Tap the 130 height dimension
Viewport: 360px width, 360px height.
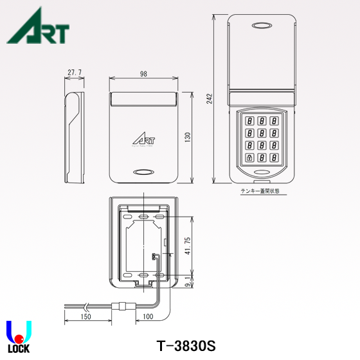[x=188, y=138]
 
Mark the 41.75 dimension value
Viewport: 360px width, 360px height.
[x=187, y=246]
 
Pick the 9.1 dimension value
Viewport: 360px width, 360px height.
[x=187, y=282]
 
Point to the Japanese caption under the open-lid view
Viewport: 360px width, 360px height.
[x=262, y=191]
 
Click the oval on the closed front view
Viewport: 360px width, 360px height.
[x=143, y=172]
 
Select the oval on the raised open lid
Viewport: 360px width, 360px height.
[x=262, y=26]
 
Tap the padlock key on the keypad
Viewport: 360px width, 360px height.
[x=248, y=157]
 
